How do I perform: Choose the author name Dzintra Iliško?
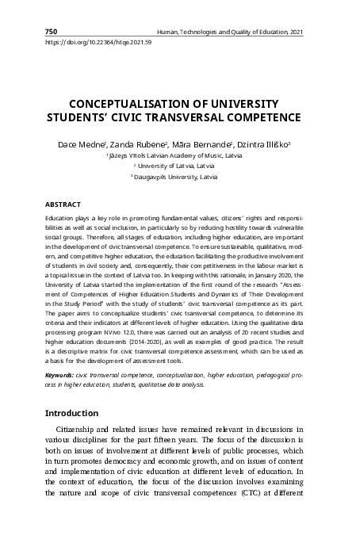265,145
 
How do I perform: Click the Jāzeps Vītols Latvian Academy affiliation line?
180,157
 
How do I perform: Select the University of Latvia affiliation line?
180,167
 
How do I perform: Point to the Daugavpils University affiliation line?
180,178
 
